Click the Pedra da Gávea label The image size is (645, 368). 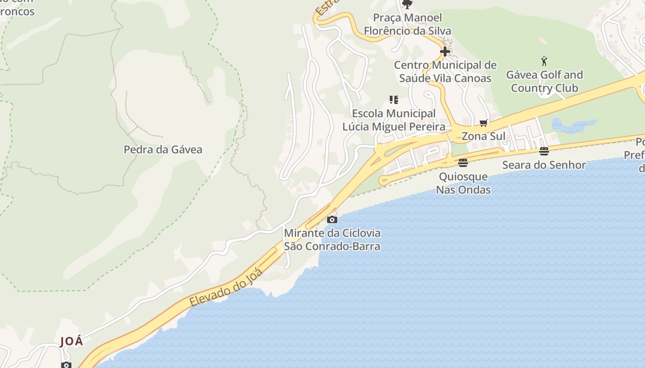tap(163, 149)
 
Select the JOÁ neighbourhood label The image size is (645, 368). tap(72, 341)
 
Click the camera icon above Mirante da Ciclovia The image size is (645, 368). tap(332, 219)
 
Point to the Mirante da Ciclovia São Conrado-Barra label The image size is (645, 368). tap(332, 240)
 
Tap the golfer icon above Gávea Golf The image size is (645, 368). tap(544, 61)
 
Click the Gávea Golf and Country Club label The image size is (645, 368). tap(544, 81)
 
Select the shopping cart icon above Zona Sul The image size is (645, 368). tap(483, 123)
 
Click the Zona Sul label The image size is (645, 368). tap(483, 136)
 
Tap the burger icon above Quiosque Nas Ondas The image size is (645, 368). tap(463, 162)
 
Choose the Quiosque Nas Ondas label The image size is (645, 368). tap(463, 183)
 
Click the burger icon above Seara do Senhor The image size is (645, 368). tap(544, 151)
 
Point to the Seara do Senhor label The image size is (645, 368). tap(544, 165)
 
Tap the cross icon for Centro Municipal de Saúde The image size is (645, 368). tap(445, 52)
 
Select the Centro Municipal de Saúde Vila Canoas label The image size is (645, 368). tap(445, 72)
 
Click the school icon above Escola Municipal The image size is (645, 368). tap(393, 99)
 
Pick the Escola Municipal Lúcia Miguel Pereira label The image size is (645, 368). tap(393, 120)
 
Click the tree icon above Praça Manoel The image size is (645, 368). tap(407, 4)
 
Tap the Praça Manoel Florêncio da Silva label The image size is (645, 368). tap(407, 24)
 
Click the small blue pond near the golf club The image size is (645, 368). tap(571, 125)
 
